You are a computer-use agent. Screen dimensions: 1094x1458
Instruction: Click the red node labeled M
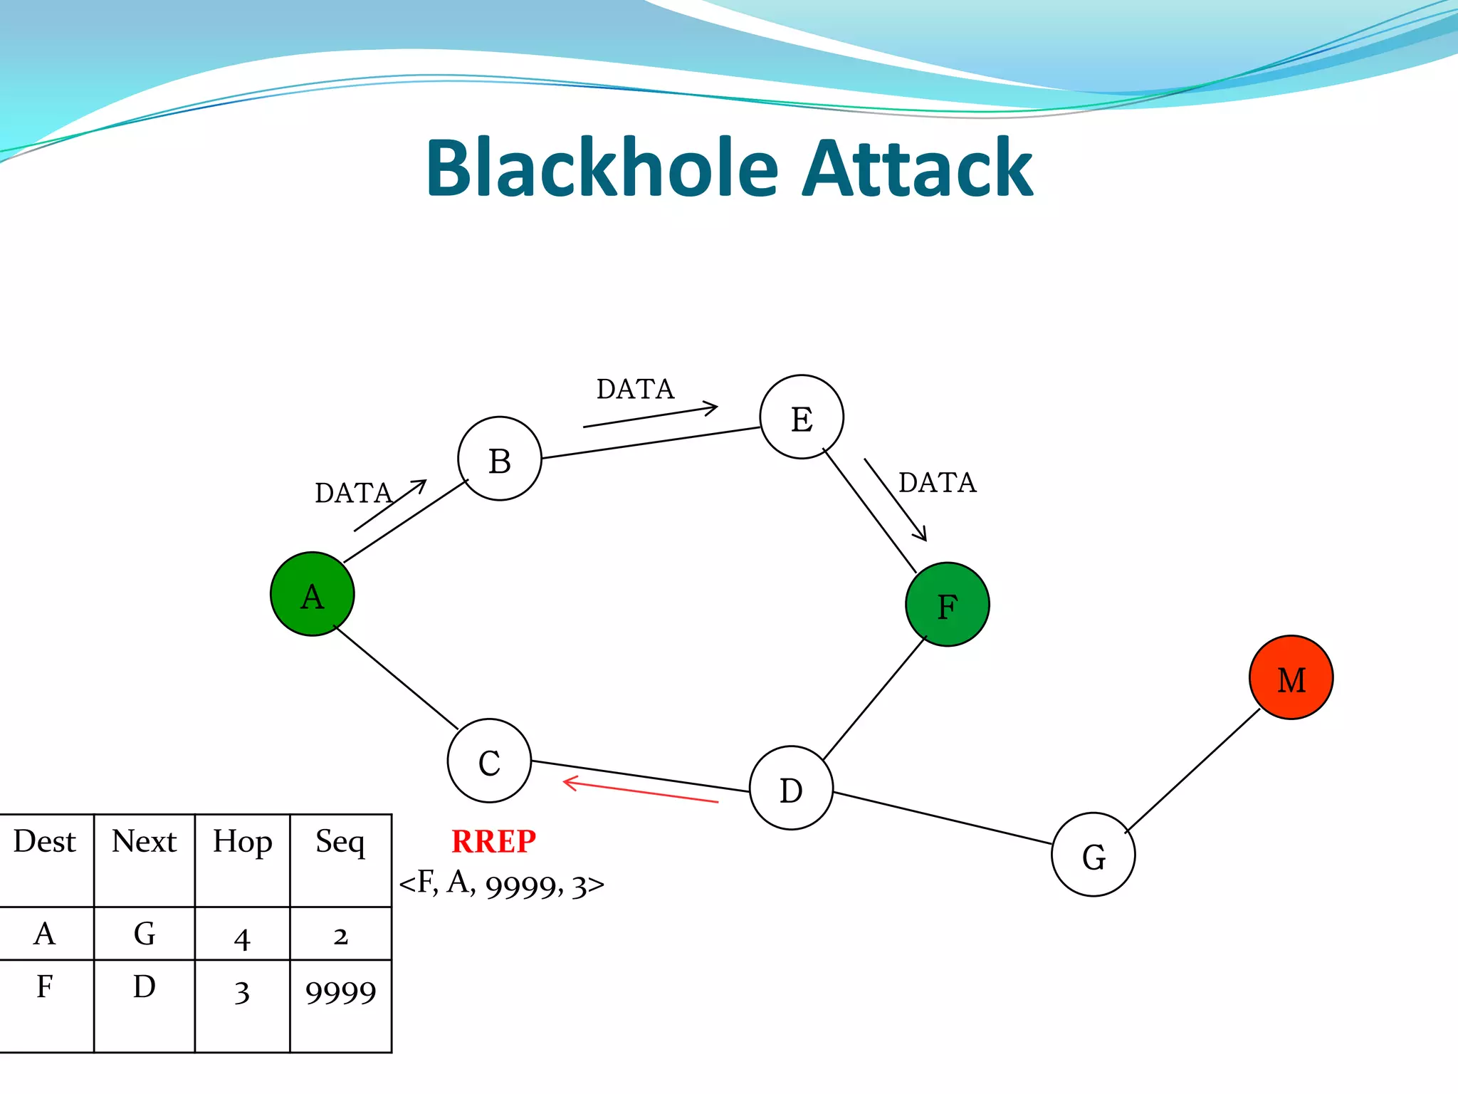tap(1291, 677)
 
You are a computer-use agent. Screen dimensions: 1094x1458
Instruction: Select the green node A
tap(312, 594)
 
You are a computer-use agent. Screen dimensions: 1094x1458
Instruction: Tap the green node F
tap(947, 605)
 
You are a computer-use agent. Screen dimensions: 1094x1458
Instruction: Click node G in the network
tap(1093, 855)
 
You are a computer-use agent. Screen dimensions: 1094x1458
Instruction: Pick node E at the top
tap(802, 417)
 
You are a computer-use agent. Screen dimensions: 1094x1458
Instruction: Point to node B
tap(499, 459)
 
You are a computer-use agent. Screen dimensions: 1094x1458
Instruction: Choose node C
tap(489, 761)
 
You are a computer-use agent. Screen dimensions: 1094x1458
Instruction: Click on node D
tap(791, 788)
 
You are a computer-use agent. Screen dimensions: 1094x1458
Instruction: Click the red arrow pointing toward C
tap(641, 792)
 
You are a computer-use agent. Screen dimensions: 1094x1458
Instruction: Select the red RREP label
tap(493, 841)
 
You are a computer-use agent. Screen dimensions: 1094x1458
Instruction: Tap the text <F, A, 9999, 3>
tap(501, 884)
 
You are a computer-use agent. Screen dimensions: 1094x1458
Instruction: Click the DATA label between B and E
tap(635, 389)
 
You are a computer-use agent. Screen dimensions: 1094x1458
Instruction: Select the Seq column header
tap(340, 842)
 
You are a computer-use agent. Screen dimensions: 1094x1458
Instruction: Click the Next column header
tap(144, 842)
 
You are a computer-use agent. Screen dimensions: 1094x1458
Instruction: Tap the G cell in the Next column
tap(144, 933)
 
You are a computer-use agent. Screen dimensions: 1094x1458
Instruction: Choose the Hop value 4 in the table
tap(242, 937)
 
